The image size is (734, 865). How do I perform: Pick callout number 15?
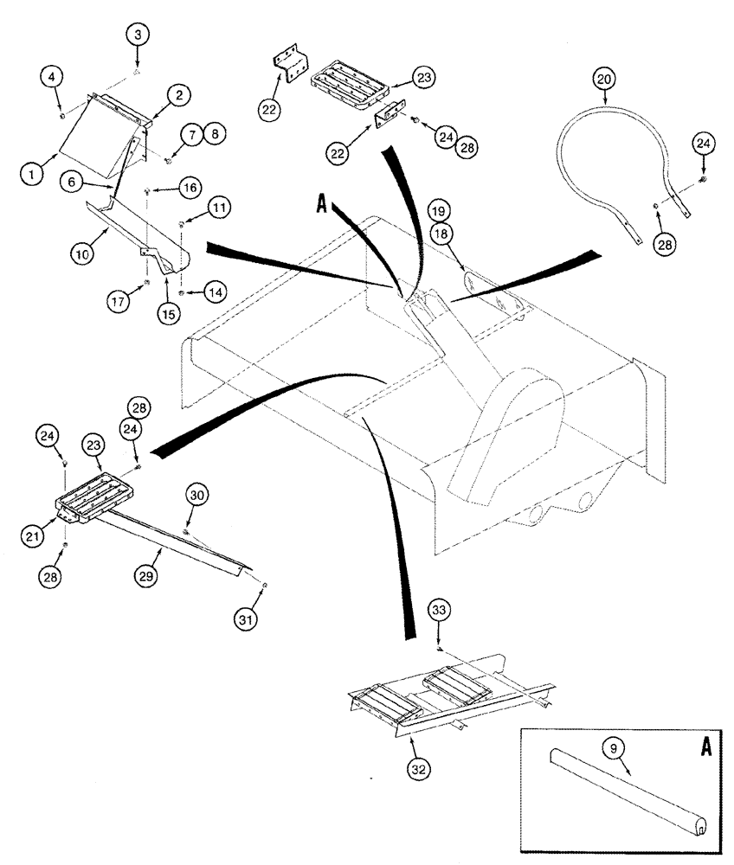(169, 314)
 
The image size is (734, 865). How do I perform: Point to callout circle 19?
(437, 210)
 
